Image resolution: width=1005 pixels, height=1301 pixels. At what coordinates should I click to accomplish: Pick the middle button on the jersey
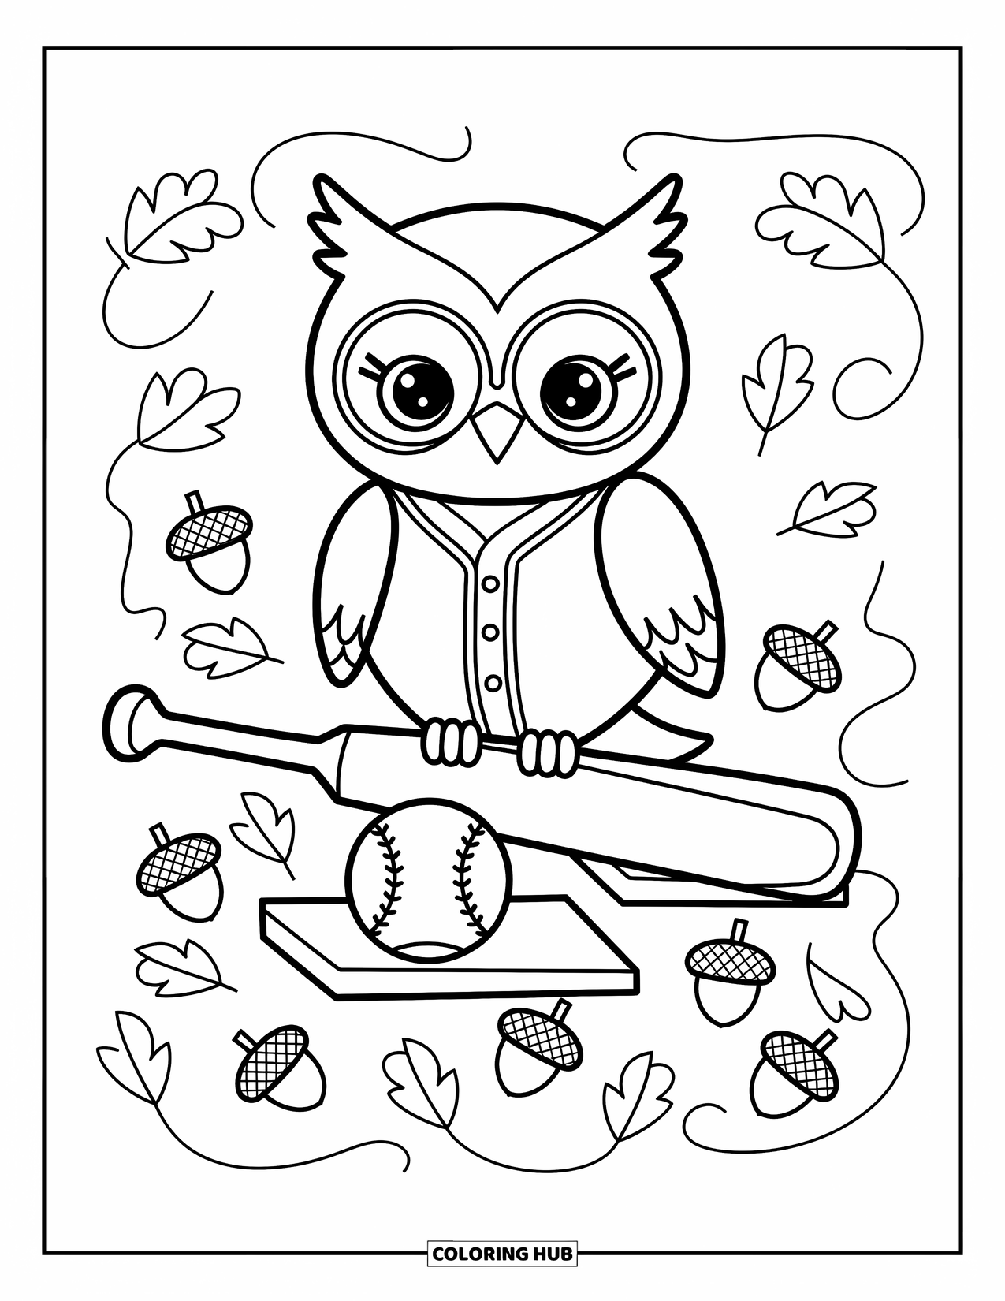[x=491, y=632]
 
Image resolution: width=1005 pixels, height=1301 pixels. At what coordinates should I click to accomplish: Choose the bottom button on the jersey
[x=493, y=682]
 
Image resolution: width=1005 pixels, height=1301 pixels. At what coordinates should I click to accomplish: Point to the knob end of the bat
[x=131, y=724]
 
